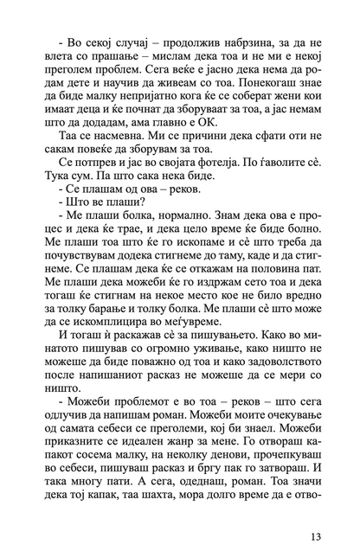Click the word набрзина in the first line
pyautogui.click(x=236, y=41)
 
